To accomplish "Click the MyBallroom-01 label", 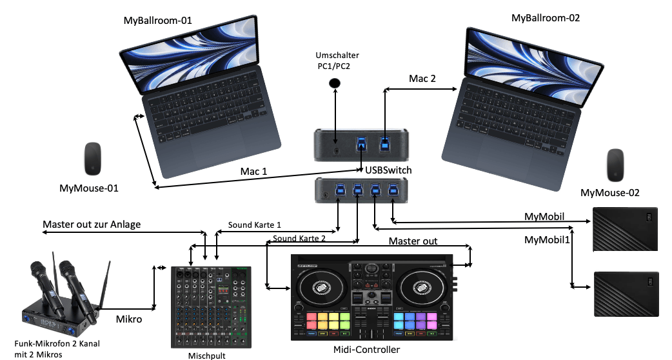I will tap(157, 21).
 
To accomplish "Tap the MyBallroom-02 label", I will tap(545, 18).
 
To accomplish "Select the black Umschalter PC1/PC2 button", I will tap(335, 83).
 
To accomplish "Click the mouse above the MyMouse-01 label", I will tap(94, 159).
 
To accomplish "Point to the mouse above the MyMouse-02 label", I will tap(616, 166).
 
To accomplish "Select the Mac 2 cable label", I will tap(422, 79).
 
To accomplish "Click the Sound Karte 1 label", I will tap(255, 226).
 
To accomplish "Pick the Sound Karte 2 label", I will tap(299, 238).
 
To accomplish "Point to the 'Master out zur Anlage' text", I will tap(92, 225).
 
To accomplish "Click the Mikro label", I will tap(129, 318).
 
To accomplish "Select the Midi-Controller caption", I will tap(367, 350).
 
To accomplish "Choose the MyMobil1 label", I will tap(546, 241).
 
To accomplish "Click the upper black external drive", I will tap(625, 229).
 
